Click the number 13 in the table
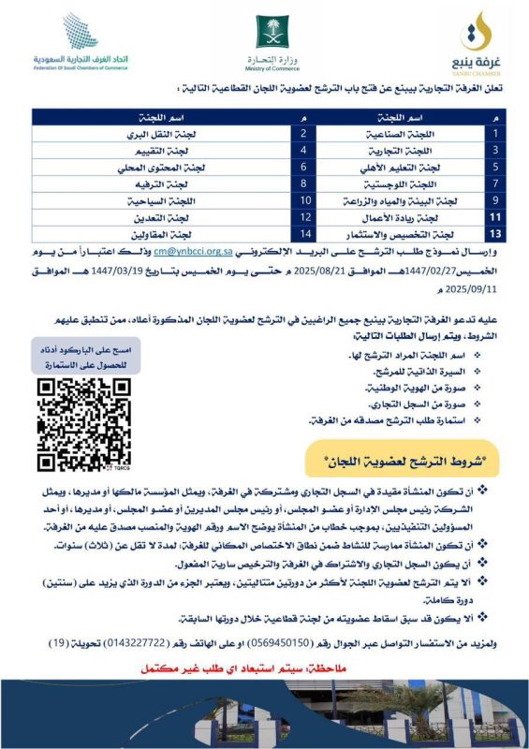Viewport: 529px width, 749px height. (x=496, y=234)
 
